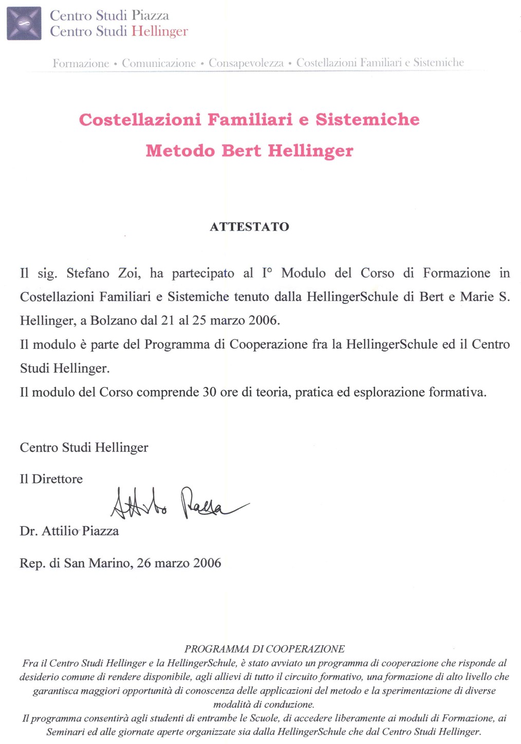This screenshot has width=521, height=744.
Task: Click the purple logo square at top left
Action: coord(24,23)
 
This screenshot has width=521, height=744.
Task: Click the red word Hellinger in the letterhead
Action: coord(160,31)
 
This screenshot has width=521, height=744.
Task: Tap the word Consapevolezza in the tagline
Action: coord(246,63)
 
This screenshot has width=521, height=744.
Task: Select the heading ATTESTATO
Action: coord(250,227)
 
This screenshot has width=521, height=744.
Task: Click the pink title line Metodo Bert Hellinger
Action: coord(250,151)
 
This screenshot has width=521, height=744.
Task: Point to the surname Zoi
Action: coord(129,273)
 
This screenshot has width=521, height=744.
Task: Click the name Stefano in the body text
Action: coord(88,273)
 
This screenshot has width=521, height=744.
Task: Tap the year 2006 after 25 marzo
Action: coord(264,321)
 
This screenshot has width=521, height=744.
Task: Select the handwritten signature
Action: coord(177,503)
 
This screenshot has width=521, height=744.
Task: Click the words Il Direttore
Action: coord(51,479)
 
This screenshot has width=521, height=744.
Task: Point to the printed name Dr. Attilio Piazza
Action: coord(69,531)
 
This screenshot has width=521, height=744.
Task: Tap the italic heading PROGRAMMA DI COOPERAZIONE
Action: coord(265,649)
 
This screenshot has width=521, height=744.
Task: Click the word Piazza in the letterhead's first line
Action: coord(151,15)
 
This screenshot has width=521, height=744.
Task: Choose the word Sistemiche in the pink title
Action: coord(367,120)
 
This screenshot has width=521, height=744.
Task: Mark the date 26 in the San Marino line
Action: coord(144,563)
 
